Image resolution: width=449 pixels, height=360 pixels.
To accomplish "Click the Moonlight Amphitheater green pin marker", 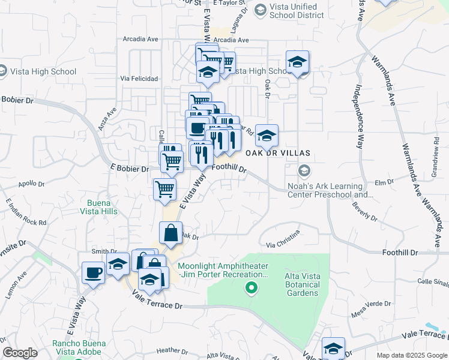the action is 252,289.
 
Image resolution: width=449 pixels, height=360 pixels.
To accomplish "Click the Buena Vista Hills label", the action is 99,206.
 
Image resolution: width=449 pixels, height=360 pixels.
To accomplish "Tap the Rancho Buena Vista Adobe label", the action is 79,348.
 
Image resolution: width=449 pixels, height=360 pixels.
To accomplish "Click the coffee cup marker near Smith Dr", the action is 93,273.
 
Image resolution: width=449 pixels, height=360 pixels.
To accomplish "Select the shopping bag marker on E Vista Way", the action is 170,232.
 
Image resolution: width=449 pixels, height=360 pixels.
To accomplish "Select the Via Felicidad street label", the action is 139,79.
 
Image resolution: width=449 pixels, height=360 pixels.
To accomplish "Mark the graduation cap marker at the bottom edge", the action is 333,348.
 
